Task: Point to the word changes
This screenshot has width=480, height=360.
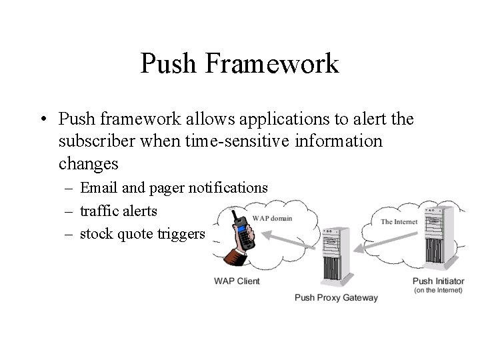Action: (x=88, y=163)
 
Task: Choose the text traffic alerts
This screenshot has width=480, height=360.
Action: (x=119, y=211)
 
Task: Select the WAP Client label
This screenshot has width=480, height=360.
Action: (x=237, y=281)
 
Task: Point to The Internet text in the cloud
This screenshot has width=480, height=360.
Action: (x=399, y=221)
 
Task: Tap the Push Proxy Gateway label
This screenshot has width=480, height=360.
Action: (x=336, y=297)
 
